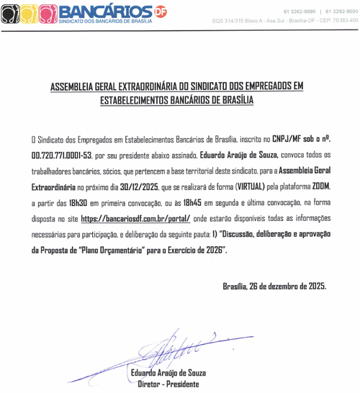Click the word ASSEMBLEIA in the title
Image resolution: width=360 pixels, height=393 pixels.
coord(76,87)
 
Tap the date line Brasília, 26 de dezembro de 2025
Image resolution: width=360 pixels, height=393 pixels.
coord(274,286)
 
